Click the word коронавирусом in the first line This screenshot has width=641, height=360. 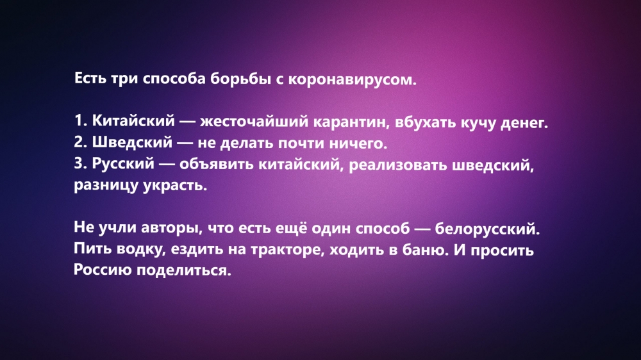click(352, 79)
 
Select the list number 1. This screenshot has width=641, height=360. click(80, 120)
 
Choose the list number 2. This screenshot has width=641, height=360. click(80, 142)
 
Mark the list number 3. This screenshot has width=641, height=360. click(80, 163)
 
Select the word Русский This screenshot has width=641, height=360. click(123, 163)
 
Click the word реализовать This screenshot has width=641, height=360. click(398, 165)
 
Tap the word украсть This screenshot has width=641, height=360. click(175, 186)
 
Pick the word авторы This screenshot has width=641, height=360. click(172, 228)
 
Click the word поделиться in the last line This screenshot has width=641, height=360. click(184, 270)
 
